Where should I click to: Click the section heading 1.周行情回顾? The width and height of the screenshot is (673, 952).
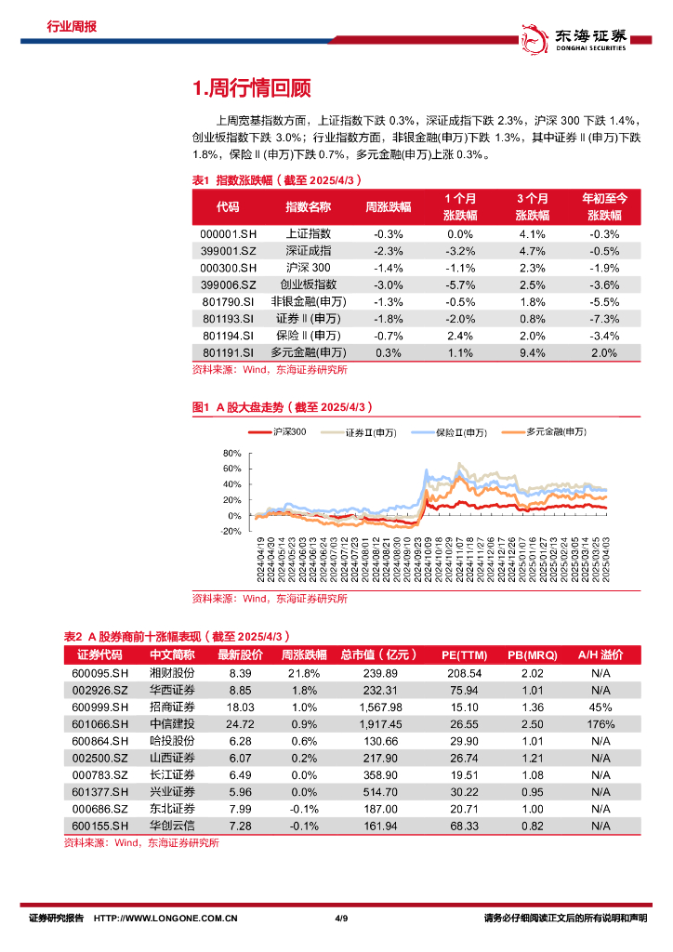[250, 88]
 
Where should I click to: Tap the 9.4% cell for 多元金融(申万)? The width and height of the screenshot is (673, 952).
[532, 352]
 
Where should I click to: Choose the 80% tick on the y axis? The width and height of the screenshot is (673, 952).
[232, 454]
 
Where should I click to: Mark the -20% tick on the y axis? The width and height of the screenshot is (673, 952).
[230, 532]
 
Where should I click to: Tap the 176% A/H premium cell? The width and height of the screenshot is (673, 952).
[600, 722]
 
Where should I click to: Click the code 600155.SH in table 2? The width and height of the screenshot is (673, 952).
[99, 825]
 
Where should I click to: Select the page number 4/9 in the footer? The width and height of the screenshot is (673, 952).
[340, 919]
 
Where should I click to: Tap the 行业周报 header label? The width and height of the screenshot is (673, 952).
[73, 27]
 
